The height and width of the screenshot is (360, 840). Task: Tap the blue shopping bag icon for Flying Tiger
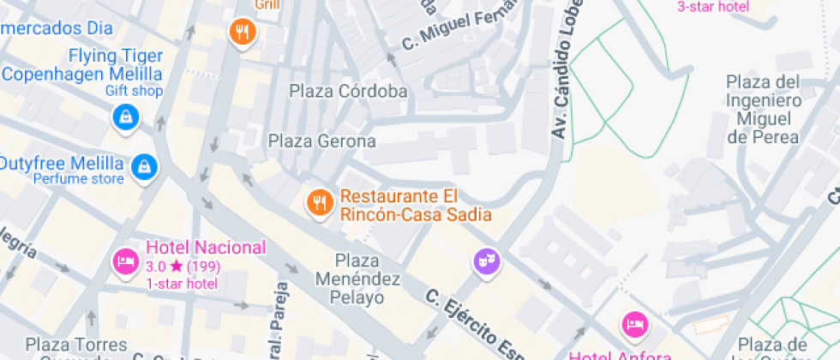pos(126,117)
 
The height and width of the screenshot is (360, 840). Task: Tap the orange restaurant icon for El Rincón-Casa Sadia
pos(321,202)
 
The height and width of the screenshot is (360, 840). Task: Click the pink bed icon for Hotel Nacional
pos(126,260)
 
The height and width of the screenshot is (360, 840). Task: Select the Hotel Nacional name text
pos(206,248)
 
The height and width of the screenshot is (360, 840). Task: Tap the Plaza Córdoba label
pos(347,91)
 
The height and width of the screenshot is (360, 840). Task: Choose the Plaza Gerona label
pos(322,141)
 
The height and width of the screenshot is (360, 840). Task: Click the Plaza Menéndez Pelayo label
pos(357,279)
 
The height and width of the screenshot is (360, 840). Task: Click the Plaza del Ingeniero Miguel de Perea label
pos(763,109)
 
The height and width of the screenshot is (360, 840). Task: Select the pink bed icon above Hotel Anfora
pos(634,324)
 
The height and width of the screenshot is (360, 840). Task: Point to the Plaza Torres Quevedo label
pos(69,346)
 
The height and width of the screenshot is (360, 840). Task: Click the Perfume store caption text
pos(79,179)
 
